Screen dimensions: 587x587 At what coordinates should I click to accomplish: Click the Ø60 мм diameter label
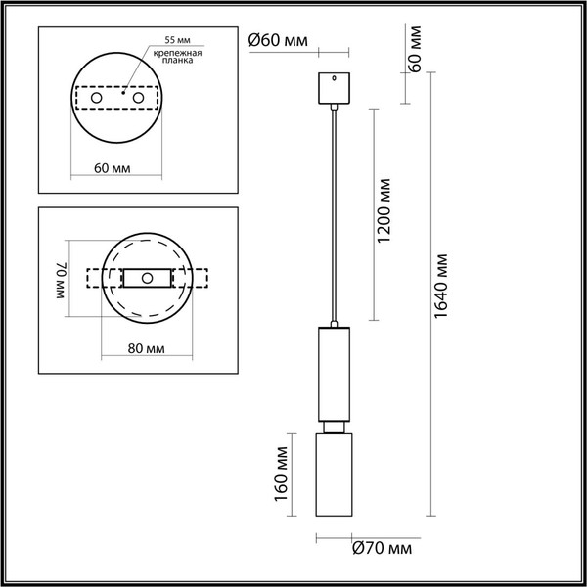click(x=278, y=40)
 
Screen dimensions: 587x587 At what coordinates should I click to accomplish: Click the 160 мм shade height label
click(x=281, y=471)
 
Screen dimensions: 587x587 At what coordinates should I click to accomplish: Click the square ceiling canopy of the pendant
click(x=335, y=86)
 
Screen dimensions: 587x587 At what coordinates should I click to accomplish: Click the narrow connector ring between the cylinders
click(x=335, y=427)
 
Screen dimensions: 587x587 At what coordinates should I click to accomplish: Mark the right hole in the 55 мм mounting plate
click(x=140, y=98)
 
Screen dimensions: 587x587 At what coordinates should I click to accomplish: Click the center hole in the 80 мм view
click(x=147, y=279)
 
